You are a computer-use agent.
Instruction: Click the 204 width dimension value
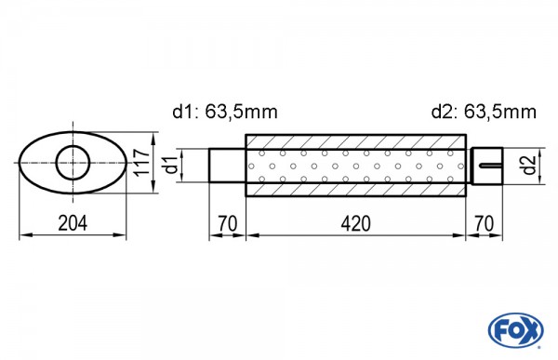pyautogui.click(x=72, y=223)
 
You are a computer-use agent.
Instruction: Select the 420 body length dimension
pyautogui.click(x=355, y=223)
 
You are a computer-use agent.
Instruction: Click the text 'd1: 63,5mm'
pyautogui.click(x=225, y=113)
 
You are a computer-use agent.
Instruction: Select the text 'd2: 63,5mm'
pyautogui.click(x=484, y=113)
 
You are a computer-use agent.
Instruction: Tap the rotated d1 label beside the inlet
pyautogui.click(x=169, y=166)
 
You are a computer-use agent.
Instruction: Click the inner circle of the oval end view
pyautogui.click(x=73, y=165)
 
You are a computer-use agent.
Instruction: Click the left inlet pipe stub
pyautogui.click(x=227, y=166)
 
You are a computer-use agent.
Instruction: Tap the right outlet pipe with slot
pyautogui.click(x=486, y=166)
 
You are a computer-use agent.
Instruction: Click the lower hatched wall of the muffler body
pyautogui.click(x=355, y=190)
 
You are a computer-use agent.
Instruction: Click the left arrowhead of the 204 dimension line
pyautogui.click(x=23, y=237)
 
